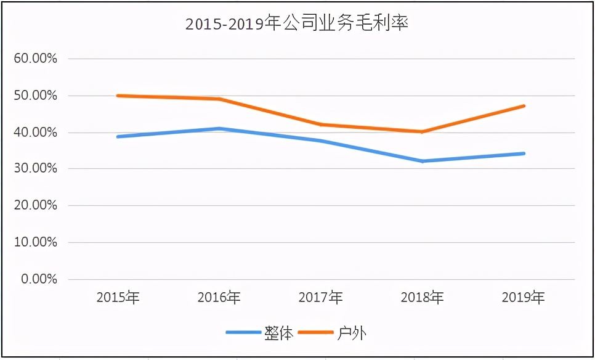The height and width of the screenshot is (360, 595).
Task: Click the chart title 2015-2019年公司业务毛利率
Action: click(x=297, y=24)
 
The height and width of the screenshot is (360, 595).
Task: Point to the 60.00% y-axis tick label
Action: click(x=36, y=59)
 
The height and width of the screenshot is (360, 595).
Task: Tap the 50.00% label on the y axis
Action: click(x=36, y=96)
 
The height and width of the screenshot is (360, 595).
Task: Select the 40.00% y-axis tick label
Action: click(x=36, y=133)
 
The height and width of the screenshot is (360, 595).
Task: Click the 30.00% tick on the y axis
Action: click(x=36, y=169)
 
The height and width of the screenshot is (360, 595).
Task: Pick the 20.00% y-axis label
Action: click(x=36, y=205)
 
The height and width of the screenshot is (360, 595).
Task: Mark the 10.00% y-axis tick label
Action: click(x=36, y=242)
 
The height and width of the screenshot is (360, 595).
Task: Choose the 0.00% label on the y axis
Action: click(x=38, y=279)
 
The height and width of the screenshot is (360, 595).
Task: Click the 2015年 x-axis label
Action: click(x=118, y=298)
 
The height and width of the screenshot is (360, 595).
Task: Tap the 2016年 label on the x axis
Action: click(x=219, y=298)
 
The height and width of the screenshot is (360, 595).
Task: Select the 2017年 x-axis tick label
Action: click(x=321, y=298)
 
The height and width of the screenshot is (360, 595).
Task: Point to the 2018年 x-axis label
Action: click(x=422, y=298)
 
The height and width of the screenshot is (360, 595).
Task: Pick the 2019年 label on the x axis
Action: click(x=524, y=298)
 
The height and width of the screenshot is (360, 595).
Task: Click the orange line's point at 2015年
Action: click(x=118, y=96)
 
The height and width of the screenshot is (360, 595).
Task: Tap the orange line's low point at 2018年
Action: click(x=422, y=131)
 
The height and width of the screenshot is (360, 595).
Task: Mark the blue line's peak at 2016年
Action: click(x=219, y=128)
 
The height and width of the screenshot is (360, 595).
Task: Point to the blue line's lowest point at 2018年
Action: click(x=422, y=161)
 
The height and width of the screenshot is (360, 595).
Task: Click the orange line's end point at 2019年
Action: click(x=524, y=106)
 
